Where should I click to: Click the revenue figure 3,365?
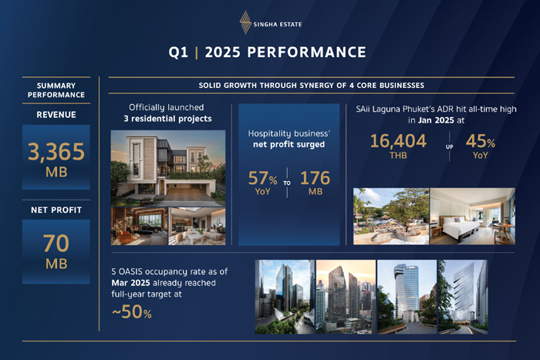click(x=56, y=150)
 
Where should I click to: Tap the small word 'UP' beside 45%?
click(x=448, y=145)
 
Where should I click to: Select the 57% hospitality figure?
click(x=263, y=179)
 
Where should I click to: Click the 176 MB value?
click(x=314, y=179)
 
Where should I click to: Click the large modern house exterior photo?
click(x=168, y=167)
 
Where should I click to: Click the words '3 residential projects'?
click(x=167, y=119)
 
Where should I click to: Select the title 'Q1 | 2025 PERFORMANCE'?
click(x=268, y=52)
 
